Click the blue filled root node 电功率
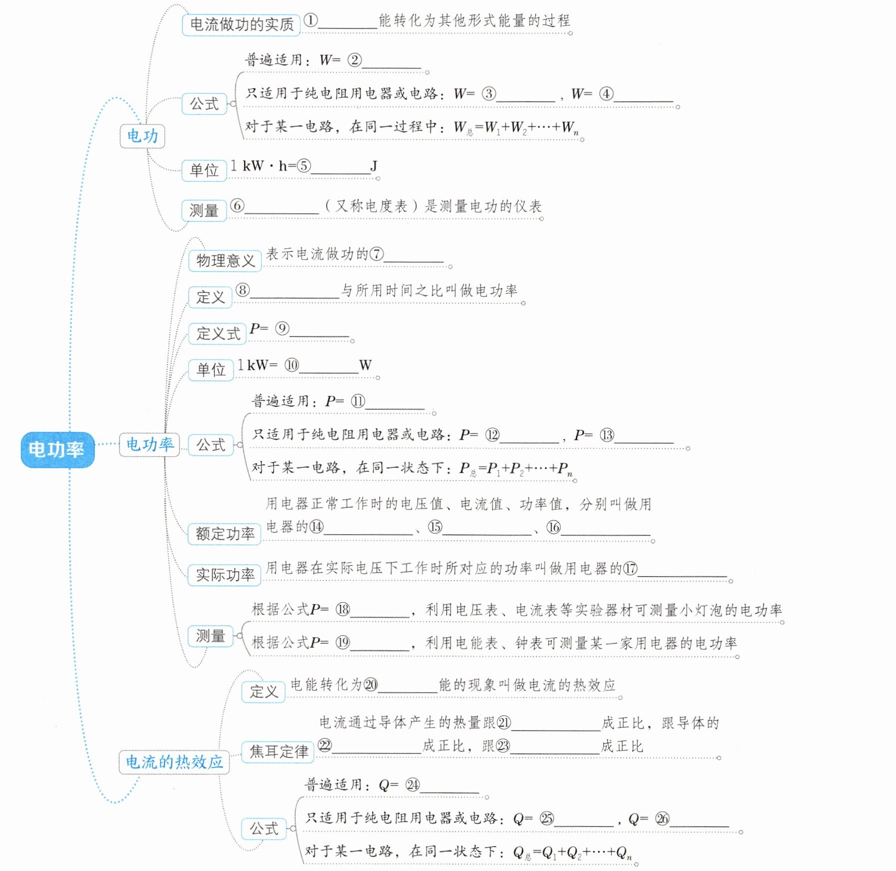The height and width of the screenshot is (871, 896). point(57,449)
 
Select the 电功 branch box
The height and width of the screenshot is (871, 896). point(142,136)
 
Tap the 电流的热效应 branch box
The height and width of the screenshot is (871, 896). point(174,762)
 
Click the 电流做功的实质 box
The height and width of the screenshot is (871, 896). point(241,24)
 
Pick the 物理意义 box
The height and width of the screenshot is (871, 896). point(225,260)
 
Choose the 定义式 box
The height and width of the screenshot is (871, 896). point(217,333)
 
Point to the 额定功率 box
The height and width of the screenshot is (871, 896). point(224,534)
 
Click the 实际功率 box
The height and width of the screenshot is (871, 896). point(224,575)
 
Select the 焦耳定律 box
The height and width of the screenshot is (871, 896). point(278,751)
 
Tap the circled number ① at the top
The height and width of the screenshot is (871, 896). point(310,20)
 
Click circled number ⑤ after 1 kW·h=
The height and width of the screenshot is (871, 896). point(303,165)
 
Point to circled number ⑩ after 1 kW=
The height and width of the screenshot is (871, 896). point(291,365)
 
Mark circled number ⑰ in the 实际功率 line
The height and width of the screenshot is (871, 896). point(630,568)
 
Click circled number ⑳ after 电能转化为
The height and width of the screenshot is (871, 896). point(370,685)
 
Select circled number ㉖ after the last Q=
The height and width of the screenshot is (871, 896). point(662,818)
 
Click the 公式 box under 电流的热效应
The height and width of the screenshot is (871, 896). point(264,829)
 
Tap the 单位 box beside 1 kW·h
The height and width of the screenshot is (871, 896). point(204,170)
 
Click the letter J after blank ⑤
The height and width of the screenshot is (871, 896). point(373,165)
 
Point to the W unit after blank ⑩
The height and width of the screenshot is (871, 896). point(365,365)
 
